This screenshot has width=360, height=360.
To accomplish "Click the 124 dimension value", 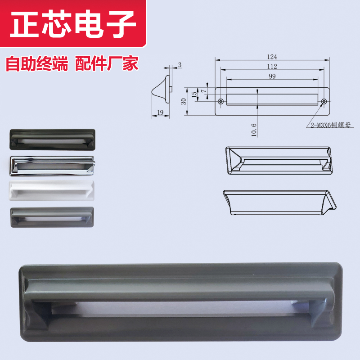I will click(272, 57).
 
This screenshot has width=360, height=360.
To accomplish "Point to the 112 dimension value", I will click(272, 67).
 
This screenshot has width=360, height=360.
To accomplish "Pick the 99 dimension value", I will click(272, 76).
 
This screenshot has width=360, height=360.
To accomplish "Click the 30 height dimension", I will click(184, 102).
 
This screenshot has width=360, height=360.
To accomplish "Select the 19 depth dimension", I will click(160, 113).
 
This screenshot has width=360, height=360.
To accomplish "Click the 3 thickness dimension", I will click(180, 66).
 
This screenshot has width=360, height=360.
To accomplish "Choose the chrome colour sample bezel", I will click(52, 165).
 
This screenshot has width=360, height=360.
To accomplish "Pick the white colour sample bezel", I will click(52, 190).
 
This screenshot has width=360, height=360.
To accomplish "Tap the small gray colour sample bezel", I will click(52, 217).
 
